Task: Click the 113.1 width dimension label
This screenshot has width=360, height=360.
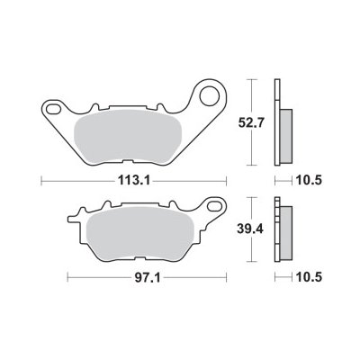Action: coord(134,181)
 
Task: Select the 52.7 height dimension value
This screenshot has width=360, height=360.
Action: coord(250,122)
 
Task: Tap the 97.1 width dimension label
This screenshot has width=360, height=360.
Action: coord(148,278)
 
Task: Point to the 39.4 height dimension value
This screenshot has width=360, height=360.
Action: coord(250,229)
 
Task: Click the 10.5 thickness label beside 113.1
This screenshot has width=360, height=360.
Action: coord(309,181)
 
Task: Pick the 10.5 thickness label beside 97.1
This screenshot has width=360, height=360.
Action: coord(309,277)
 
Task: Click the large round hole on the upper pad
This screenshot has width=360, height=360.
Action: coord(210,95)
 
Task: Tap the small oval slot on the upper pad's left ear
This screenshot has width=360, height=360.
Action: coord(53,109)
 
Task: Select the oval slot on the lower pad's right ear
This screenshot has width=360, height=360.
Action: coord(214,207)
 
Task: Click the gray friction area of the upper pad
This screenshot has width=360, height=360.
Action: coord(128,137)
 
